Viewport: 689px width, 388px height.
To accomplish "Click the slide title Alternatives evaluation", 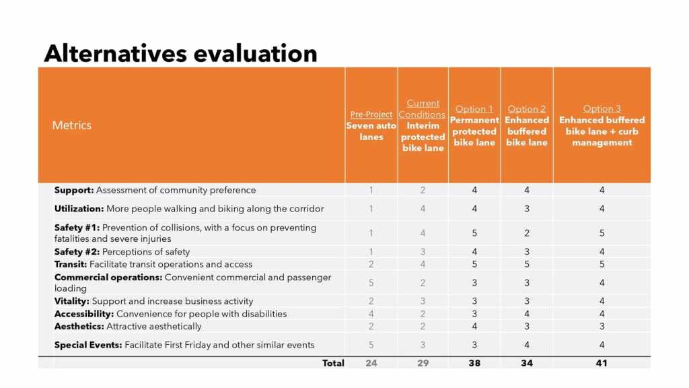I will click(180, 53).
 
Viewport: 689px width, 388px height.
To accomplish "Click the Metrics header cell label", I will click(72, 125).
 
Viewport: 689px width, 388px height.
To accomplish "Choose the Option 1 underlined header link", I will click(474, 109).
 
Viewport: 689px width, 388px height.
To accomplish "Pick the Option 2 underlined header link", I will click(527, 109).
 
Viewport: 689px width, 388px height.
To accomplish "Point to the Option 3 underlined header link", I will click(602, 109).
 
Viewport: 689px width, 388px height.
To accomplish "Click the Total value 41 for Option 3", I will click(602, 363).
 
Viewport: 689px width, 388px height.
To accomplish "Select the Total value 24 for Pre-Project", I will click(371, 363).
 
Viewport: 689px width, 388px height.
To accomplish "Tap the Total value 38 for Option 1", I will click(474, 363).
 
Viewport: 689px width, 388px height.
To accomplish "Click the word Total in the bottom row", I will click(333, 363).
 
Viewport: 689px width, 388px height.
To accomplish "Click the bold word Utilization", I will click(79, 209).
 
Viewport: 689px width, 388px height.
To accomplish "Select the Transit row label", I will click(71, 264).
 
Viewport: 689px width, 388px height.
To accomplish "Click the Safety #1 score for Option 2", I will click(527, 233).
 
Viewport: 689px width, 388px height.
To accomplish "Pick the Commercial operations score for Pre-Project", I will click(371, 283).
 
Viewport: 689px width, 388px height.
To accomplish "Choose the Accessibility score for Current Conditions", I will click(423, 314).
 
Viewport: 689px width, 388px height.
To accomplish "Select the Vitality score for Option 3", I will click(602, 301).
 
